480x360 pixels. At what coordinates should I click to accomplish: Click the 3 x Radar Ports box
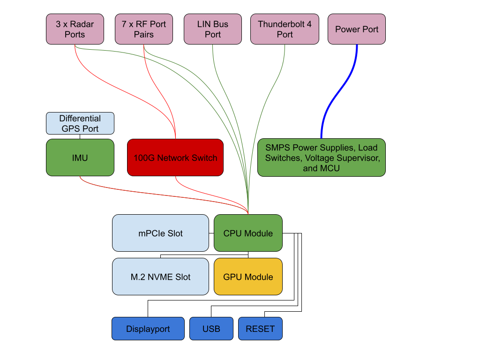(x=75, y=29)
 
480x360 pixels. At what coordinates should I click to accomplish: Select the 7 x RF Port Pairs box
(x=144, y=29)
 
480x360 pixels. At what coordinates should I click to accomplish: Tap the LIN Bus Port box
(x=213, y=29)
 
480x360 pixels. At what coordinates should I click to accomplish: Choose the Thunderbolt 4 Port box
(x=285, y=29)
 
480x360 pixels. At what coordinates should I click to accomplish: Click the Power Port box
(x=357, y=29)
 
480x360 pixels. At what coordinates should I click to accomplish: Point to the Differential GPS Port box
(x=80, y=123)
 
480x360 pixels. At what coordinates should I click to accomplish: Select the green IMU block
(x=80, y=157)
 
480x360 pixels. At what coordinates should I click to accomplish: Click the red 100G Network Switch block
(x=175, y=157)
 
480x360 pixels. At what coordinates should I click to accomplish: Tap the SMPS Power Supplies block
(x=322, y=157)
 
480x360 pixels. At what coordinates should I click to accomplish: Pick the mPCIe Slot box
(x=160, y=233)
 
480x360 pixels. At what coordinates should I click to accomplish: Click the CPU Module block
(x=248, y=233)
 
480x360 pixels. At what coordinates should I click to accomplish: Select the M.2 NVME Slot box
(x=160, y=277)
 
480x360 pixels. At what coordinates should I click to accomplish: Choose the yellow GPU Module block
(x=248, y=277)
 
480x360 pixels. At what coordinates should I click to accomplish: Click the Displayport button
(x=148, y=329)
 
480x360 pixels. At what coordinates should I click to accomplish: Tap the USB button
(x=211, y=329)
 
